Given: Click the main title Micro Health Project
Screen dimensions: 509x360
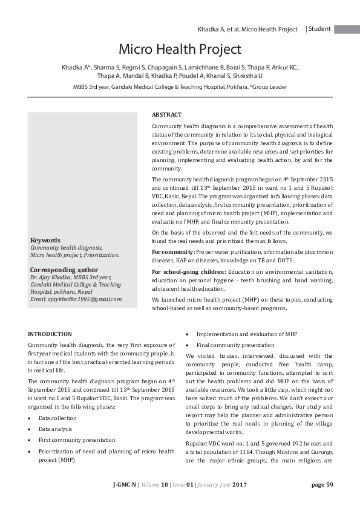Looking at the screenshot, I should pos(180,49).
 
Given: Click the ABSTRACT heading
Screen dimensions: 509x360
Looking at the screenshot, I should pos(166,114).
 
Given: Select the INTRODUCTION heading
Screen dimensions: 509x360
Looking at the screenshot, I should pos(50,334).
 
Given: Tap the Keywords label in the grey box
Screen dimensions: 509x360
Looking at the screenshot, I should pos(45,240).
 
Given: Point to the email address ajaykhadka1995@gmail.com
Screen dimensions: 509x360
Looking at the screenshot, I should pos(76,299).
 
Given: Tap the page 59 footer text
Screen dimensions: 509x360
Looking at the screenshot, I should pos(322,501).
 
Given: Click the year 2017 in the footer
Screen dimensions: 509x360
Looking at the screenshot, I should pos(240,501).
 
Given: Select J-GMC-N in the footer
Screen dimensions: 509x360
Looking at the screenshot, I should pos(125,501).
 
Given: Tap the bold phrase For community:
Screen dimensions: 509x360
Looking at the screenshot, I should pos(173,251).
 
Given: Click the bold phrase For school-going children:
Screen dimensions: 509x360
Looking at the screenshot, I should pos(188,271).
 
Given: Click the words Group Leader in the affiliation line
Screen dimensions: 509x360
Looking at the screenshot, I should pos(270,87).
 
